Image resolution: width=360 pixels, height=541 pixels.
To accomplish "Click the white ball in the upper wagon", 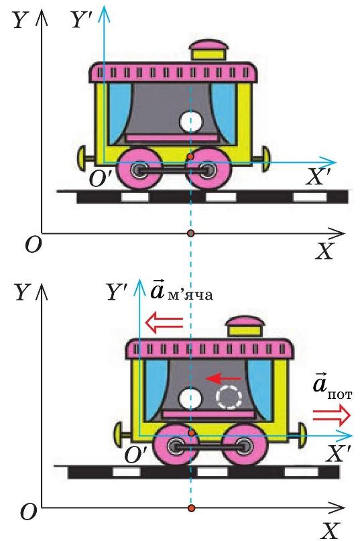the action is click(x=191, y=121).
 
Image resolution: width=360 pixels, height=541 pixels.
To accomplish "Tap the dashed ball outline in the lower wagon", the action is click(x=229, y=397).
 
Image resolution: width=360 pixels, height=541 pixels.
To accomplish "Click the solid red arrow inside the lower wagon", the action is click(x=223, y=379).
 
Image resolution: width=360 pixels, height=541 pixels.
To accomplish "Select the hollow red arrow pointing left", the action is click(x=164, y=322).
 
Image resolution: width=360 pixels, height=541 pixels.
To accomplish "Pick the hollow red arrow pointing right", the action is click(x=332, y=415).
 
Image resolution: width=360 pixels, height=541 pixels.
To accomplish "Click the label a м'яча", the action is click(x=182, y=291).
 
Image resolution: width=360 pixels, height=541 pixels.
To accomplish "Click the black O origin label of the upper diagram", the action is click(x=34, y=244).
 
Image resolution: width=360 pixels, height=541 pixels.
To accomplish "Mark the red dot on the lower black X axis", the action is click(x=192, y=508).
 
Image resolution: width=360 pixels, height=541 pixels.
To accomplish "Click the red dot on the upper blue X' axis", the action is click(x=190, y=157).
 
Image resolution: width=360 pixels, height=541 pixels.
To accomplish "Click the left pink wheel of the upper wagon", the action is click(x=140, y=169).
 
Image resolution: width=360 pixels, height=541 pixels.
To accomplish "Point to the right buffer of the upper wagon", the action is click(x=263, y=158).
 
